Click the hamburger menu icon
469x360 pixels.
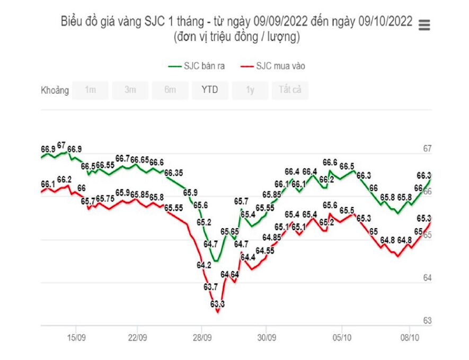pos(424,25)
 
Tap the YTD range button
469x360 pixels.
pos(209,90)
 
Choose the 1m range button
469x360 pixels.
pos(91,90)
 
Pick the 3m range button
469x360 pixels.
pos(130,90)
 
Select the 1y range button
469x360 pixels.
pos(250,90)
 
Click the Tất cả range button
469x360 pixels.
pos(290,90)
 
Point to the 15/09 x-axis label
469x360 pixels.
pos(77,337)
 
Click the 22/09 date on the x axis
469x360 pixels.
pos(137,337)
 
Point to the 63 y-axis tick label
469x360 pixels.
pos(427,320)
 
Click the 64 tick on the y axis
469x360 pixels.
pos(427,277)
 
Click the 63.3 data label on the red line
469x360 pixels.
pos(217,304)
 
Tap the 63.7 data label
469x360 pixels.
pos(211,286)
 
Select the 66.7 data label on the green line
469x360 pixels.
pos(122,158)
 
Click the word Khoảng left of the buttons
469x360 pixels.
pos(55,90)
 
